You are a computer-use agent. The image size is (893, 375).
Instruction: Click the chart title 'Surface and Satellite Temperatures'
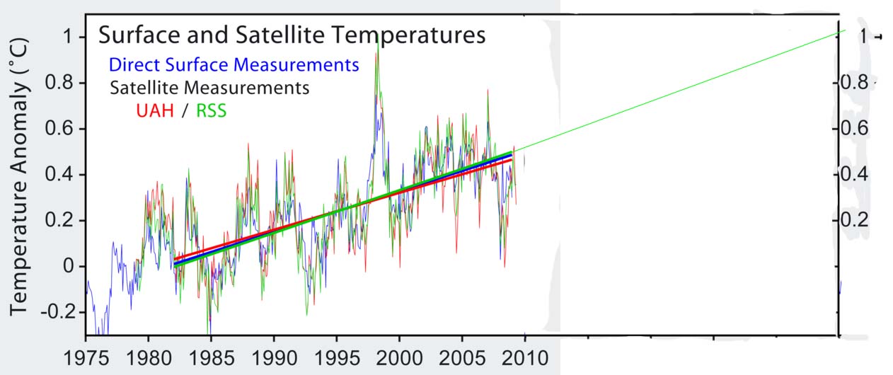coord(292,35)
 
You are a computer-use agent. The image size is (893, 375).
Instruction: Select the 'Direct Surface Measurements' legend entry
coord(234,66)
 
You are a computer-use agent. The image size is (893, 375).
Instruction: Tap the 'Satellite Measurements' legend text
coord(209,88)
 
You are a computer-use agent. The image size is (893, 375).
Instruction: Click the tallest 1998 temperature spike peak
coord(378,44)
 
